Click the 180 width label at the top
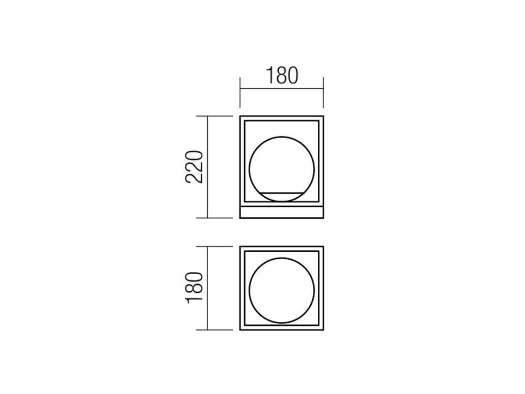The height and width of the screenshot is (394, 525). pos(282,76)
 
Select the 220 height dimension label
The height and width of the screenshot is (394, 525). pos(194,167)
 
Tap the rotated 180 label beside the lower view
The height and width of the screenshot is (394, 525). pos(195,288)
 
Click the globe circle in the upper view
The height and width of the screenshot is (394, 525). pos(250,169)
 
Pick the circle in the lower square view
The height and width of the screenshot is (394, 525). pos(250,290)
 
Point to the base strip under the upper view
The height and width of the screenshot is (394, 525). pos(282,213)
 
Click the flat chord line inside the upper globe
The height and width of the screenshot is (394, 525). pos(282,193)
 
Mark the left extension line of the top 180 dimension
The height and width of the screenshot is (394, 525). pos(240,93)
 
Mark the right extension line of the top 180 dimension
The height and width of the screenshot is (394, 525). pos(323,93)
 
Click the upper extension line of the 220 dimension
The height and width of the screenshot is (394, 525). pos(214,116)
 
